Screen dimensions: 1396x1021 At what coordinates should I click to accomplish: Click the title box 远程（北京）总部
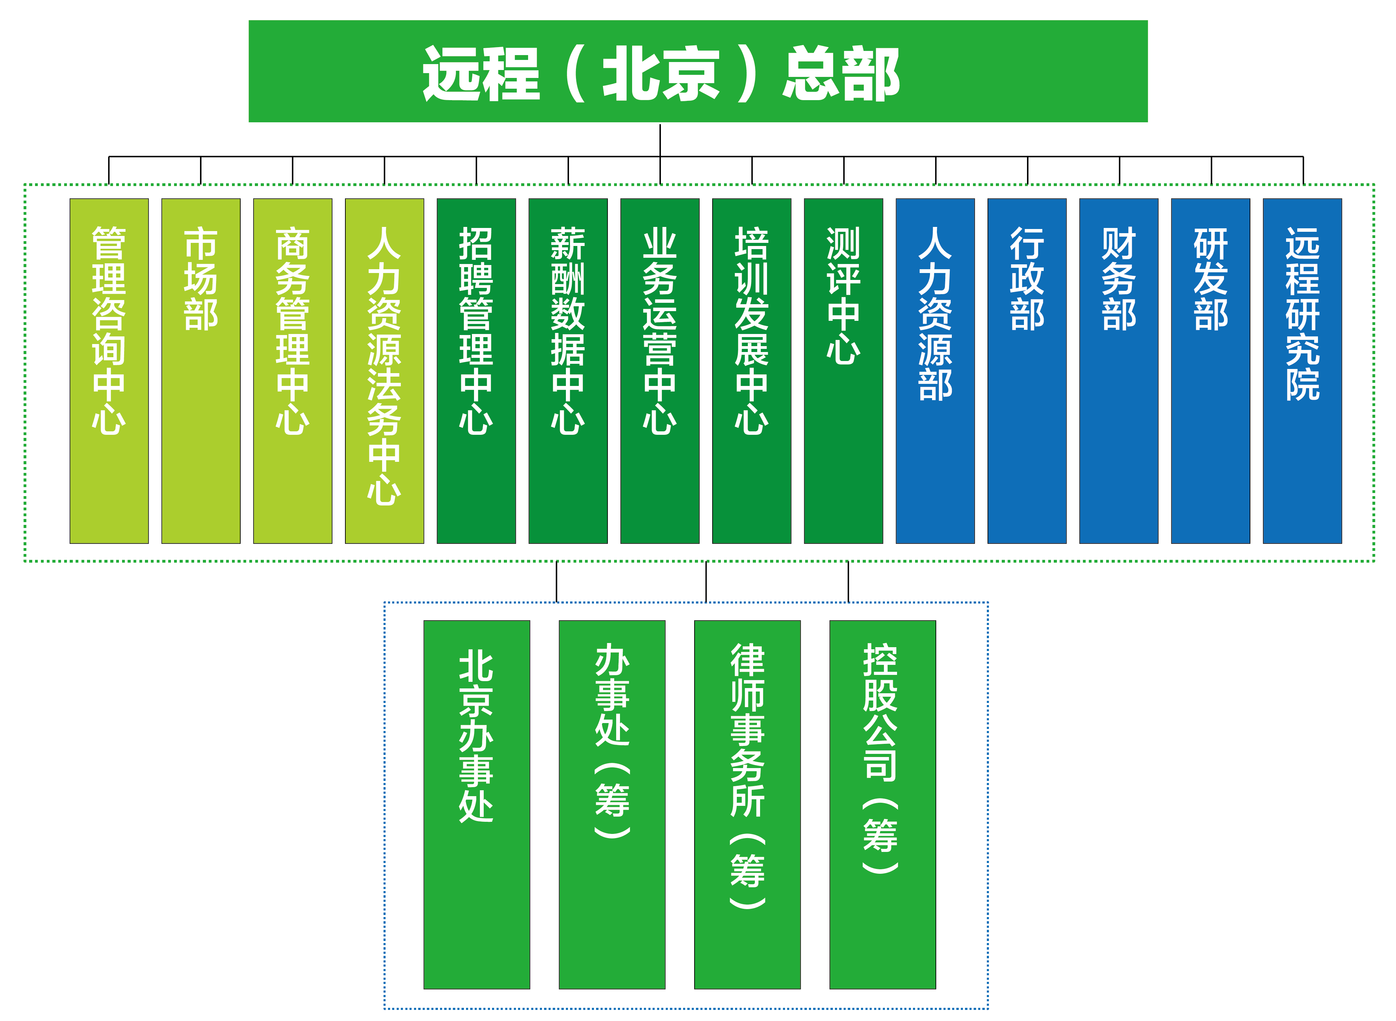698,71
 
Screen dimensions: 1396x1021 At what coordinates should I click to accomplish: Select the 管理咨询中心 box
109,371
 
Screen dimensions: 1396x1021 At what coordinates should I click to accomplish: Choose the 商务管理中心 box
293,371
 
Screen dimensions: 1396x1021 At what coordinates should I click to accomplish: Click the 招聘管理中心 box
476,371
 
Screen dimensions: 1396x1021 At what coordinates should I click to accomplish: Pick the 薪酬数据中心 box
568,371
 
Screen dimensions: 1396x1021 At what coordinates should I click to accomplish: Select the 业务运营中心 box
660,371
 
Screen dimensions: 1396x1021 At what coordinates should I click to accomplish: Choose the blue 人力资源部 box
935,371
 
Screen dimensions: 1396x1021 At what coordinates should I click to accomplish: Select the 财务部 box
1119,371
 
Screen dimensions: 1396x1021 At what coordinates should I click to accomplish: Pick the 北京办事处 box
477,805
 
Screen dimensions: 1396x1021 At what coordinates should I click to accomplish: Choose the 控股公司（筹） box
882,805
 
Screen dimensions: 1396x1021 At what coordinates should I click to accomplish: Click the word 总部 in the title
841,73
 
